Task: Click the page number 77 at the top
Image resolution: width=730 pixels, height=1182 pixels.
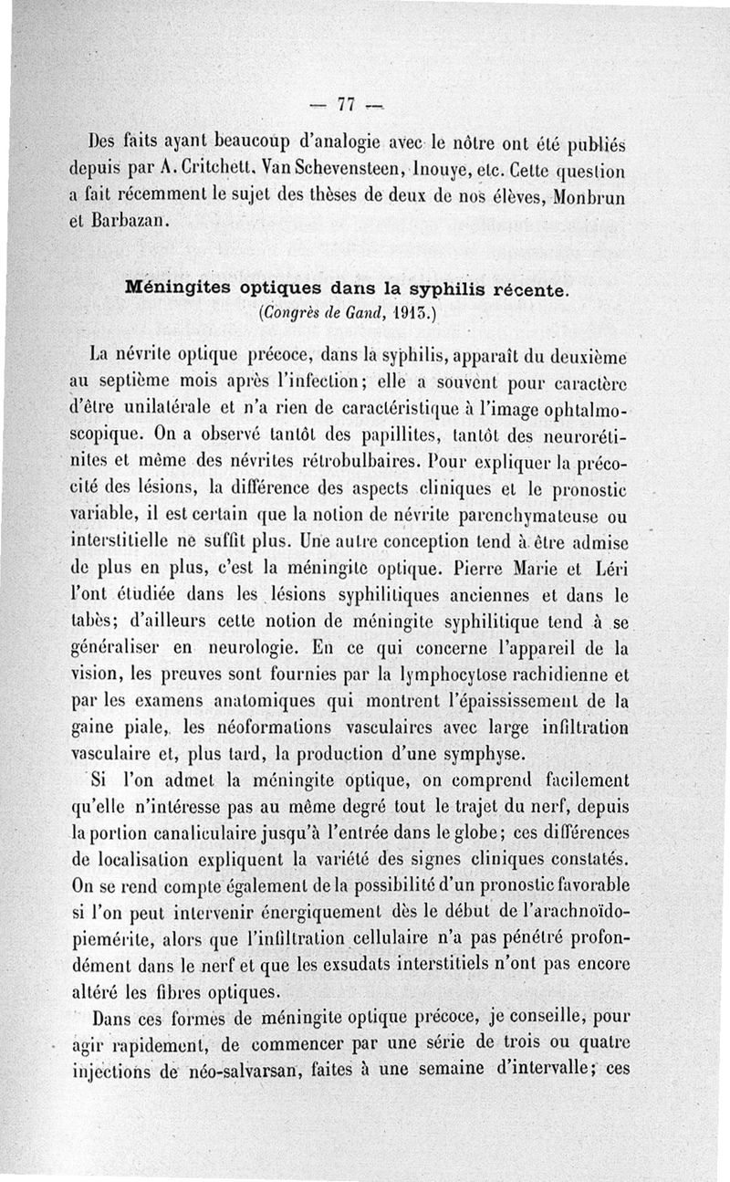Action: click(x=345, y=103)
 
